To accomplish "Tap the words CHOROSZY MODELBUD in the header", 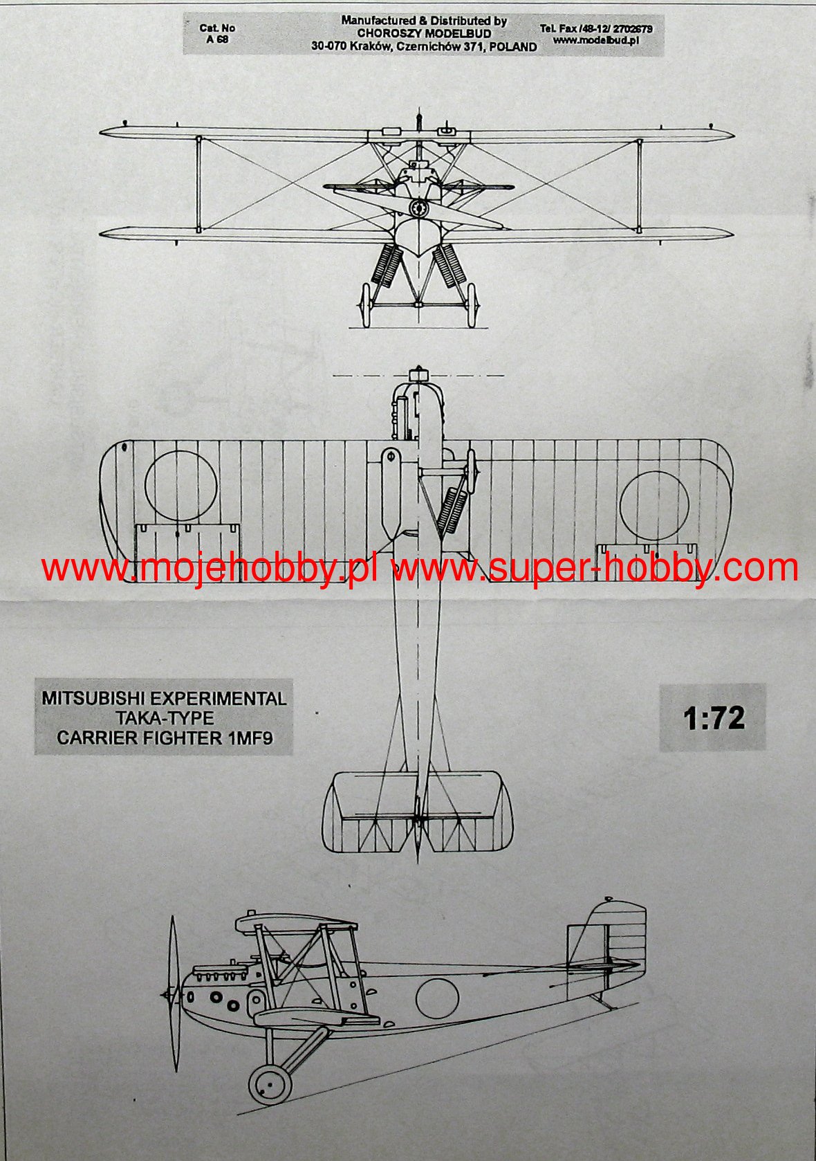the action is tap(424, 34).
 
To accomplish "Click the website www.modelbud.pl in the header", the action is tap(595, 40).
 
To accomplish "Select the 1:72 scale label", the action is tap(714, 718).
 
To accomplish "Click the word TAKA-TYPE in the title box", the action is tap(165, 717).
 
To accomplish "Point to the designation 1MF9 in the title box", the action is tap(249, 738).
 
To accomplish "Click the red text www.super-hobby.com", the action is tap(595, 569).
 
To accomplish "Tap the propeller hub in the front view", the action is tap(418, 207).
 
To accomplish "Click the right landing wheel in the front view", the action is tap(473, 304).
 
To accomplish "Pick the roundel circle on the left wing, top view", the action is tap(181, 486).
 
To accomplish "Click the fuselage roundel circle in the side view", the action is tap(437, 998).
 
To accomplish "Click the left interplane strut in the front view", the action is tap(198, 183).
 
